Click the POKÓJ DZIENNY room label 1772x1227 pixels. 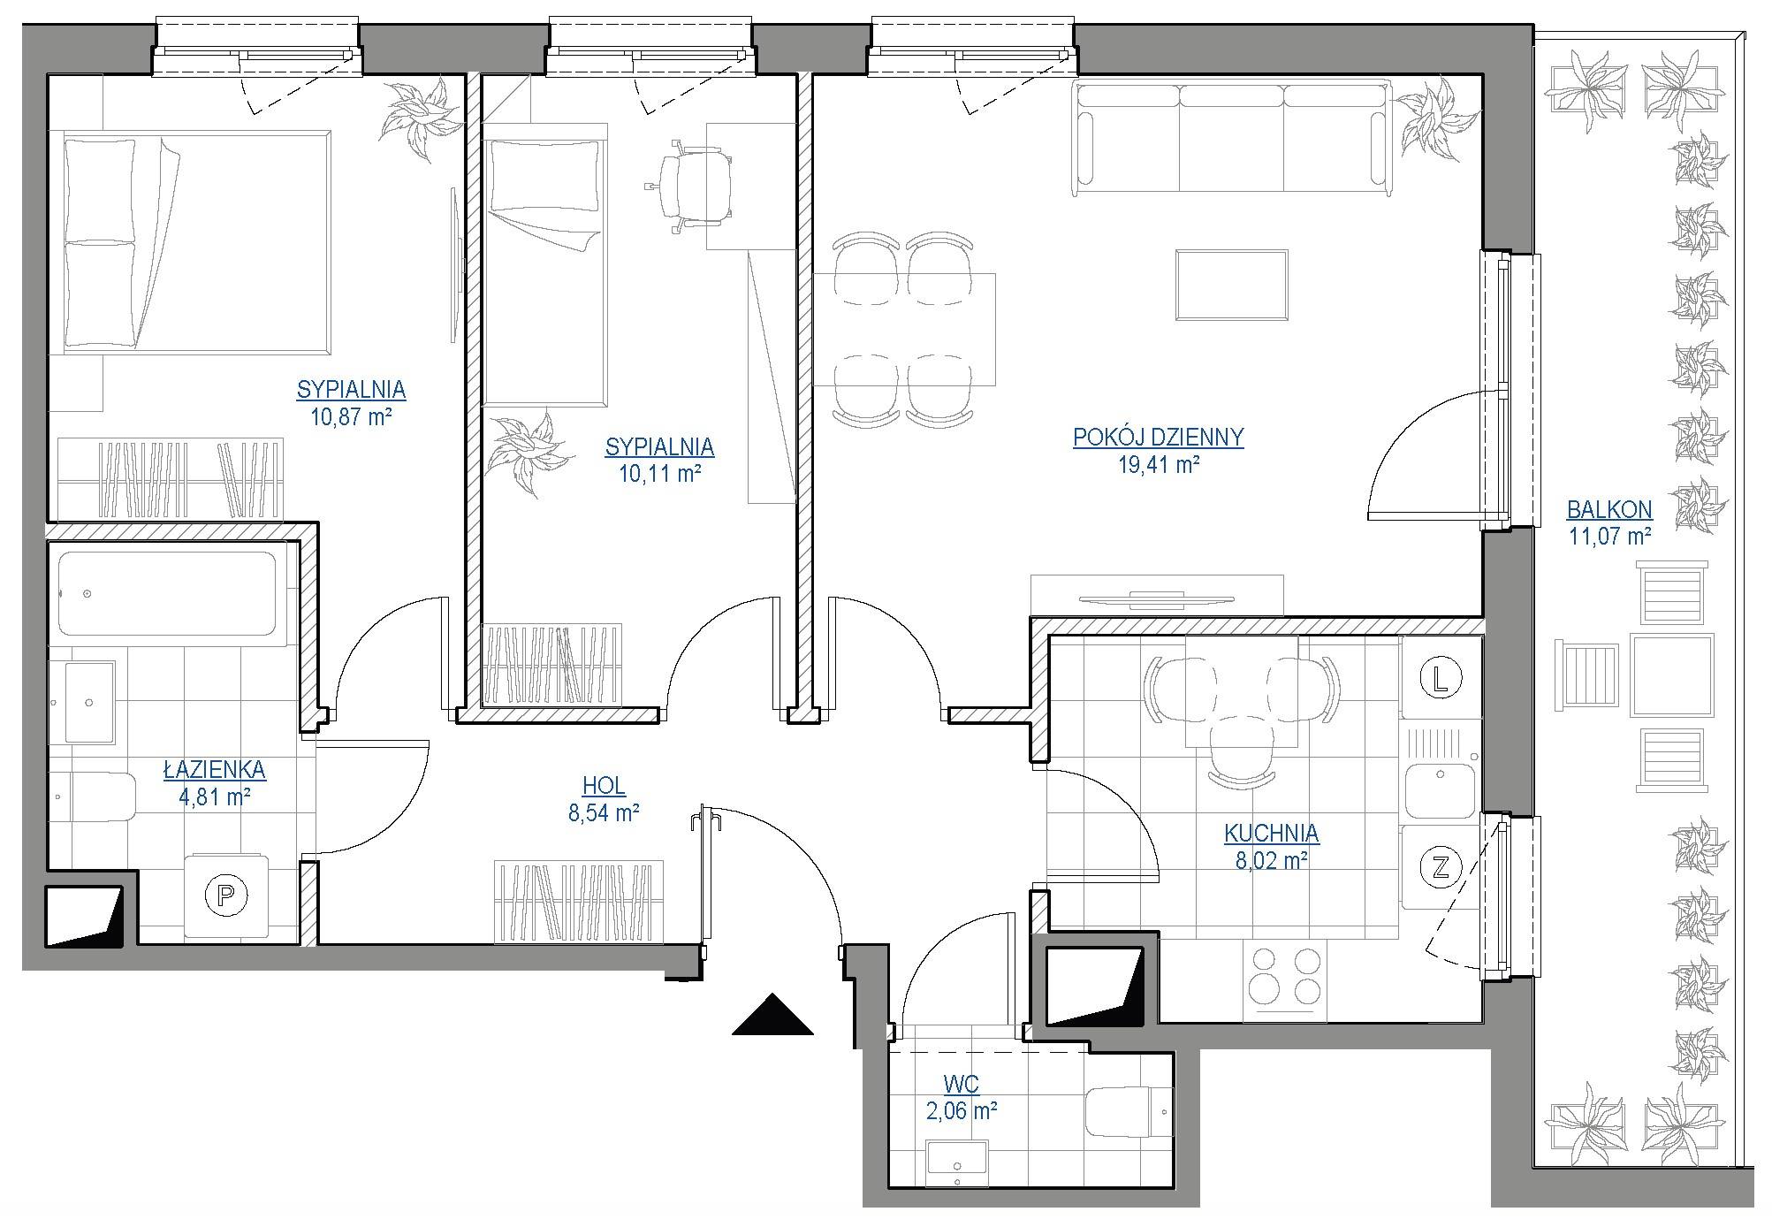click(1158, 438)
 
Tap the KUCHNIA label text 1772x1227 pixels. click(1271, 833)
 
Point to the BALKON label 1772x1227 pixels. click(1609, 509)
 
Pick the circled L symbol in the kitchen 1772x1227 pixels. click(1441, 678)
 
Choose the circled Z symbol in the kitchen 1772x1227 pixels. click(1441, 867)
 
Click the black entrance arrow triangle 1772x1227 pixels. click(772, 1014)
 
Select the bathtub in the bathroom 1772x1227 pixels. click(168, 594)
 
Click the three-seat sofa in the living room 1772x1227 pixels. click(1232, 138)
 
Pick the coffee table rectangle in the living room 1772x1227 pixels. click(1231, 285)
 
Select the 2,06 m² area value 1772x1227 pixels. click(962, 1111)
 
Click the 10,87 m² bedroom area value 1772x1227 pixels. click(351, 416)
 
